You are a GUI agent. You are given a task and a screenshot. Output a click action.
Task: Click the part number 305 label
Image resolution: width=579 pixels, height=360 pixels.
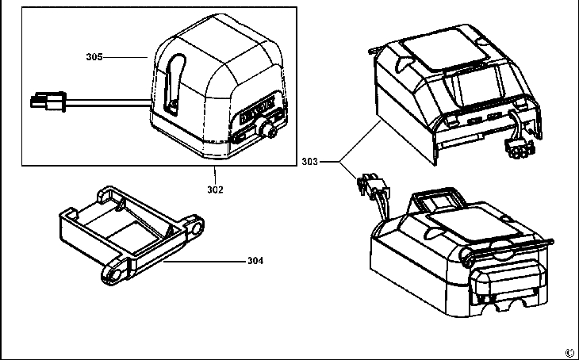(x=94, y=57)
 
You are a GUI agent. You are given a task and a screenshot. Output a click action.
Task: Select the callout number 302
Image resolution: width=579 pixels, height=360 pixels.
(x=215, y=190)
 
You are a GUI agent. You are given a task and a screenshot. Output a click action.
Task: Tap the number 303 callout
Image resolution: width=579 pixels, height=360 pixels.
(x=310, y=162)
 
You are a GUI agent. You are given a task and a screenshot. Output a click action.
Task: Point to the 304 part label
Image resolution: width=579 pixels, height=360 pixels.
(x=255, y=259)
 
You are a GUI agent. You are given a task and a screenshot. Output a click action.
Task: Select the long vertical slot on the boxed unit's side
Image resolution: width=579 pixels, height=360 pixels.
(x=174, y=82)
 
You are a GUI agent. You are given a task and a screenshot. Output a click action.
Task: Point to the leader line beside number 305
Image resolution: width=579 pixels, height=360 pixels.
(x=125, y=57)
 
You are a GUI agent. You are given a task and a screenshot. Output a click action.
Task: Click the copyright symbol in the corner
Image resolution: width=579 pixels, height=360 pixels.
(x=569, y=352)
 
